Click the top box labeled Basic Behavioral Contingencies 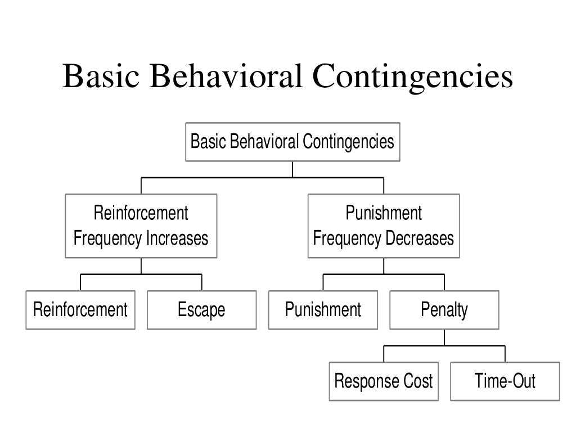(292, 142)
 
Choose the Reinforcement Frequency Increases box (141, 226)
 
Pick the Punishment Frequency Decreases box (384, 226)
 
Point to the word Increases (177, 238)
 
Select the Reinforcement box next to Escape (80, 310)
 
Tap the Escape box (201, 310)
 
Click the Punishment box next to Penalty (323, 310)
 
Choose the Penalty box (444, 310)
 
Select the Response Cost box (384, 381)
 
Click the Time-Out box (505, 381)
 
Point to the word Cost (418, 381)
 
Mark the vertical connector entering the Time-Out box (505, 354)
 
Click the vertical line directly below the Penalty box (444, 337)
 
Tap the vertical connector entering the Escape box (202, 282)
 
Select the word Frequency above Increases (108, 238)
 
